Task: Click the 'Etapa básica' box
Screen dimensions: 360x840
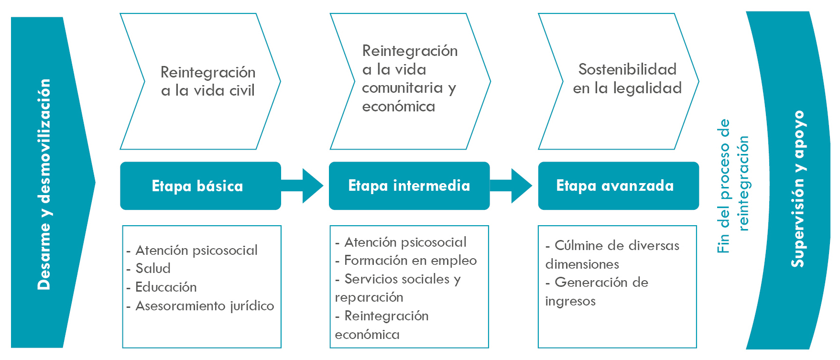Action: click(x=197, y=186)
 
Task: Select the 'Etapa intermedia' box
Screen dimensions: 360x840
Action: click(x=409, y=185)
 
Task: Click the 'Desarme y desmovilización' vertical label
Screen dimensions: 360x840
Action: click(x=44, y=184)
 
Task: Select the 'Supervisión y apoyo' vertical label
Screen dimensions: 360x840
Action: click(x=797, y=189)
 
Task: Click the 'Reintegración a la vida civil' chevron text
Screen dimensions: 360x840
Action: click(x=208, y=81)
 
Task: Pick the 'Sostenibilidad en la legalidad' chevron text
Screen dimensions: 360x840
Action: click(x=627, y=78)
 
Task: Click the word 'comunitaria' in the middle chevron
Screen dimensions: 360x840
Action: click(x=402, y=88)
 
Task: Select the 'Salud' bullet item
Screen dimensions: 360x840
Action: click(x=153, y=269)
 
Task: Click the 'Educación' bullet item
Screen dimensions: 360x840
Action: click(x=166, y=287)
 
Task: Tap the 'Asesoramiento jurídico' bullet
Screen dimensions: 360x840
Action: click(x=205, y=306)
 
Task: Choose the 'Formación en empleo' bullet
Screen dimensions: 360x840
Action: click(x=410, y=261)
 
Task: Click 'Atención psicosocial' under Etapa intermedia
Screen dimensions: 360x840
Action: click(x=405, y=242)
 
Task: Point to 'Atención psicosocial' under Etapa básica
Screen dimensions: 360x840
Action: click(x=196, y=251)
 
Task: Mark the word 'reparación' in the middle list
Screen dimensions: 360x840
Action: click(x=369, y=297)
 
